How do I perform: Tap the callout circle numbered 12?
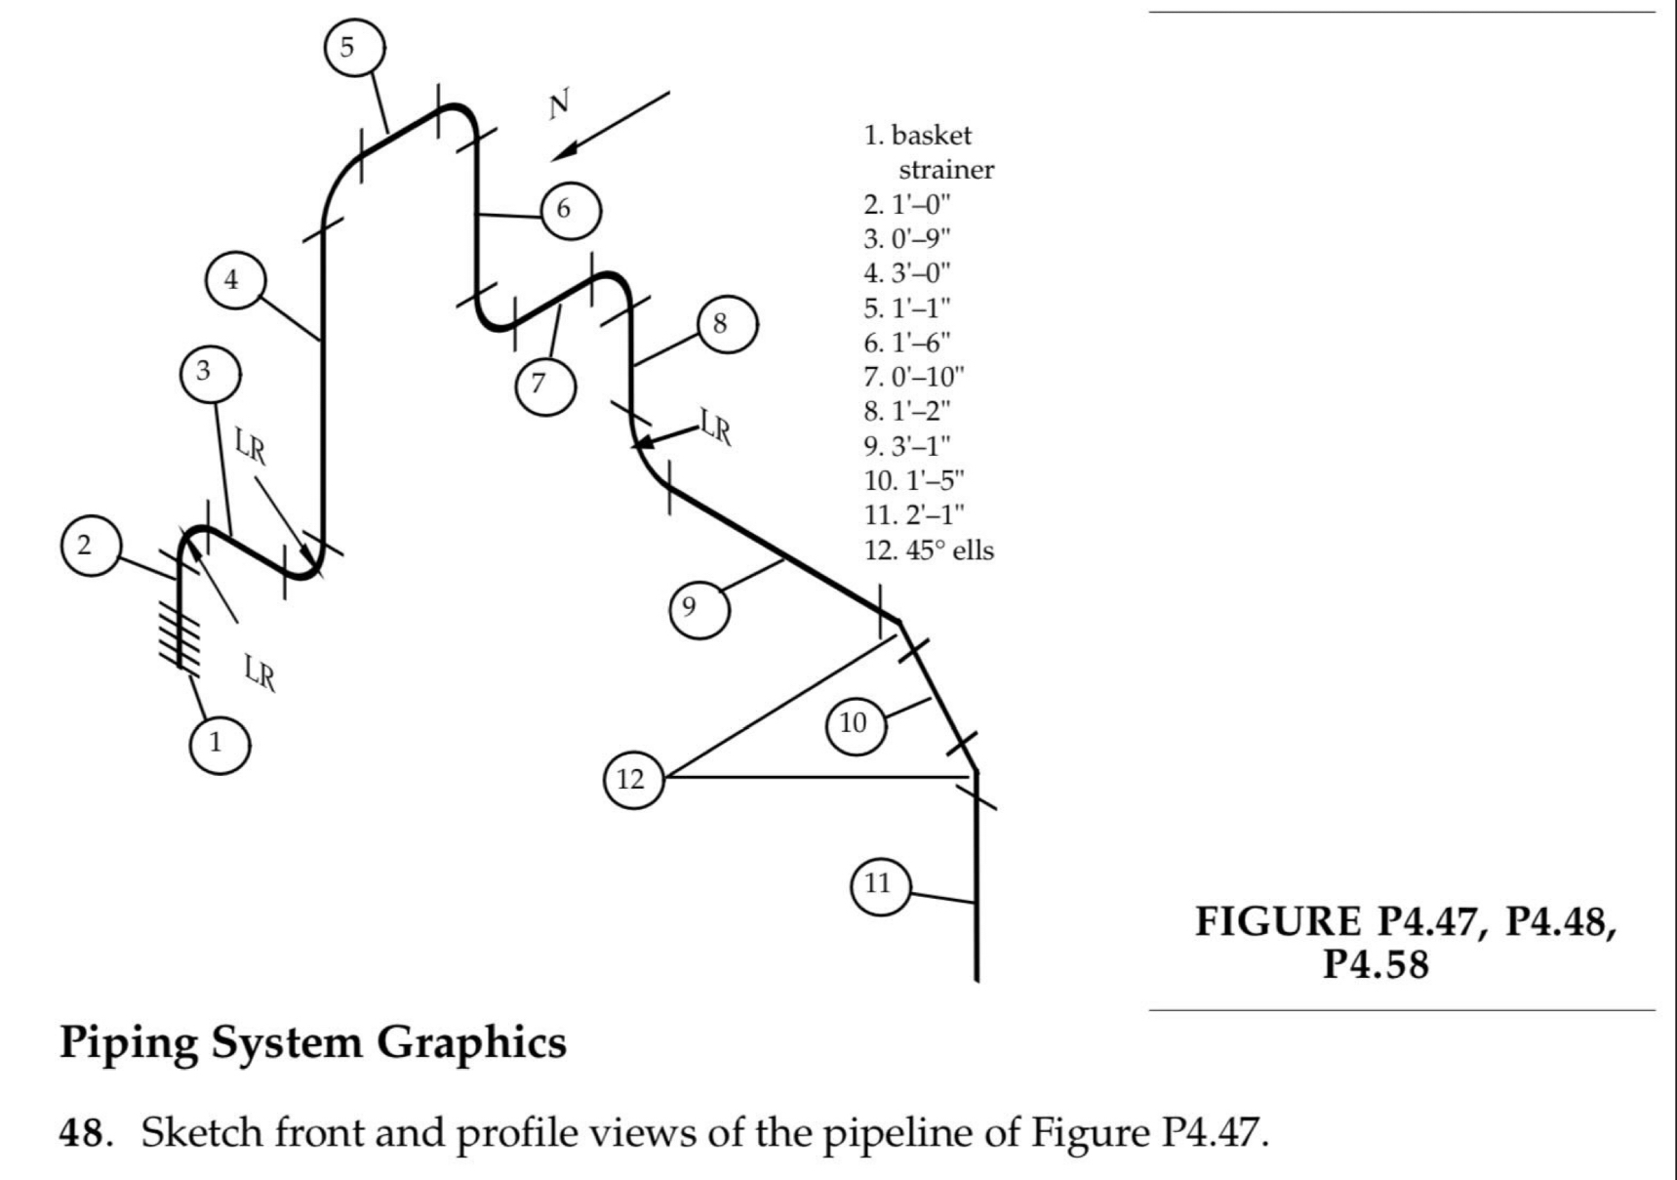(x=633, y=779)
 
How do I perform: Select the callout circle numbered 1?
(x=219, y=743)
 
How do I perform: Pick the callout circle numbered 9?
(x=698, y=607)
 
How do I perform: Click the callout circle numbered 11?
(x=879, y=884)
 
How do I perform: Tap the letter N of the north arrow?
(x=559, y=103)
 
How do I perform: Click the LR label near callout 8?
(x=716, y=427)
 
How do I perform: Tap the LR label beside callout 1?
(x=260, y=672)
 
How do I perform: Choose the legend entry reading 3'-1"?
(x=906, y=446)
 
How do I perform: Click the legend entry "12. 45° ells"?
(x=928, y=550)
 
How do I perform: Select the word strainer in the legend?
(x=945, y=170)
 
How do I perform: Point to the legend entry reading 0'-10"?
(x=914, y=377)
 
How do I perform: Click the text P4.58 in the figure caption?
(x=1375, y=964)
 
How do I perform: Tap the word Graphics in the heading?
(x=471, y=1042)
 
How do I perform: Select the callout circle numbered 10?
(x=854, y=723)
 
